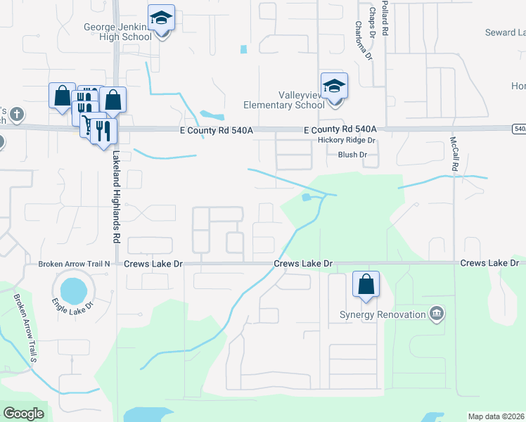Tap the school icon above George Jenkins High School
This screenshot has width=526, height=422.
162,19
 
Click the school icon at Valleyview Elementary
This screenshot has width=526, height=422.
334,86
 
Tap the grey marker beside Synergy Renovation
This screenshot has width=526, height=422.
437,313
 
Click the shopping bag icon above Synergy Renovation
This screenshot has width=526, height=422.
366,285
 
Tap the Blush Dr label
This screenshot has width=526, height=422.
352,155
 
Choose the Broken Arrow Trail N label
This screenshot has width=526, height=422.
75,264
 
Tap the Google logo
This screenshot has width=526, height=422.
24,414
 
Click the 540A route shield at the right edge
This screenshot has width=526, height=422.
520,129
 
